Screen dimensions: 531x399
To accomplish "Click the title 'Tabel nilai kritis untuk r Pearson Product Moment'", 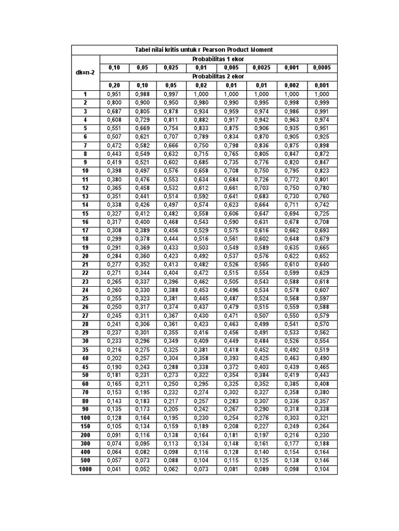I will (204, 50).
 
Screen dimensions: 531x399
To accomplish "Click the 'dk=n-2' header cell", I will (85, 72).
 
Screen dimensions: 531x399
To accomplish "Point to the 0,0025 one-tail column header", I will (261, 67).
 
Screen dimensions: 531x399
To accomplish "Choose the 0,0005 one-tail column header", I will (322, 67).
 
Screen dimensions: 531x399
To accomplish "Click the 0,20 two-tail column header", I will (114, 85).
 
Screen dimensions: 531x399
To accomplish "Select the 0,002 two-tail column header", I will (291, 85).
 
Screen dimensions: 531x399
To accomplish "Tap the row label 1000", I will (85, 470).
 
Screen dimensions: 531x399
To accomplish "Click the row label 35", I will (85, 350).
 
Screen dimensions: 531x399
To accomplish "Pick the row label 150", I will (85, 427).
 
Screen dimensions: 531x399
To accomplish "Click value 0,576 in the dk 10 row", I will (171, 171).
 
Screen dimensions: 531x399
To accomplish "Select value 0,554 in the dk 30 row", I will (322, 342).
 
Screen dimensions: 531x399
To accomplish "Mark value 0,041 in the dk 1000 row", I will (114, 470).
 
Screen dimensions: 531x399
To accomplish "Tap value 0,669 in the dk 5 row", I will (142, 128).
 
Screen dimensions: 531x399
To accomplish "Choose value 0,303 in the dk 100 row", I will (291, 418).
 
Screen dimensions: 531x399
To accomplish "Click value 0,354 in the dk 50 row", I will (231, 375).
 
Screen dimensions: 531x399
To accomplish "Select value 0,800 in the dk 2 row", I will (114, 102).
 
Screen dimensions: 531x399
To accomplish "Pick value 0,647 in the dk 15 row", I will (261, 214).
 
